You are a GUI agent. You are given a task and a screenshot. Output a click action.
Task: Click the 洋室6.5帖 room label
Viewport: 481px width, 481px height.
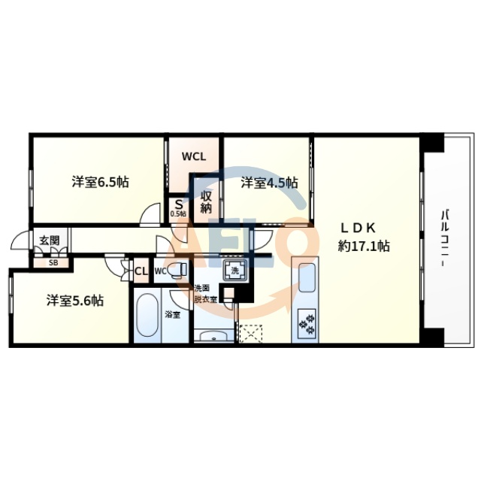tap(99, 182)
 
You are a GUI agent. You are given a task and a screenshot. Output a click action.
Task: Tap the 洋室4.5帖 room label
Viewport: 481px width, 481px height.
tap(269, 183)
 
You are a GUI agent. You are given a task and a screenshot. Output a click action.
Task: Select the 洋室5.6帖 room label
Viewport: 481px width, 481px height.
tap(74, 300)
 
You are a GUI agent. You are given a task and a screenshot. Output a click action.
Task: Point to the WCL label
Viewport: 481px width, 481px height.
tap(193, 158)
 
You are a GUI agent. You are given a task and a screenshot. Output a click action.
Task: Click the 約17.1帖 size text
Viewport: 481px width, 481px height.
tap(364, 245)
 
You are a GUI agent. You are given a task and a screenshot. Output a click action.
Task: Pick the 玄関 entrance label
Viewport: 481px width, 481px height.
tap(50, 240)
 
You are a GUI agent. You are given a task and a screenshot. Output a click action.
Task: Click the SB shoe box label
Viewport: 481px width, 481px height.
tap(53, 263)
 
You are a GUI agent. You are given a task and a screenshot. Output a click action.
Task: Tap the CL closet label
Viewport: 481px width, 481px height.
tap(141, 271)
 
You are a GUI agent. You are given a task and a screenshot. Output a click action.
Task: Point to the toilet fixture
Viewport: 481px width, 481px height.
tap(176, 271)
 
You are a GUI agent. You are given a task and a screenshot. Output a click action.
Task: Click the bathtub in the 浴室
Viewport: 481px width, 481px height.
tap(147, 316)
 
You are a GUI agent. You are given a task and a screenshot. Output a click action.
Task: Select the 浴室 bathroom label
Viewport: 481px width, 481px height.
tap(173, 314)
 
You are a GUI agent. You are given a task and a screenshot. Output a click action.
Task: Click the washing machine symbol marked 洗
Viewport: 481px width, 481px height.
tap(234, 271)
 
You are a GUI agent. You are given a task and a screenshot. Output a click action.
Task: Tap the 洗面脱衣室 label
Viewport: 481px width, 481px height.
tap(204, 293)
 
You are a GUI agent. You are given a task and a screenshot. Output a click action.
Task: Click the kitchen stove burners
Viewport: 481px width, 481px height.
tap(307, 324)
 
